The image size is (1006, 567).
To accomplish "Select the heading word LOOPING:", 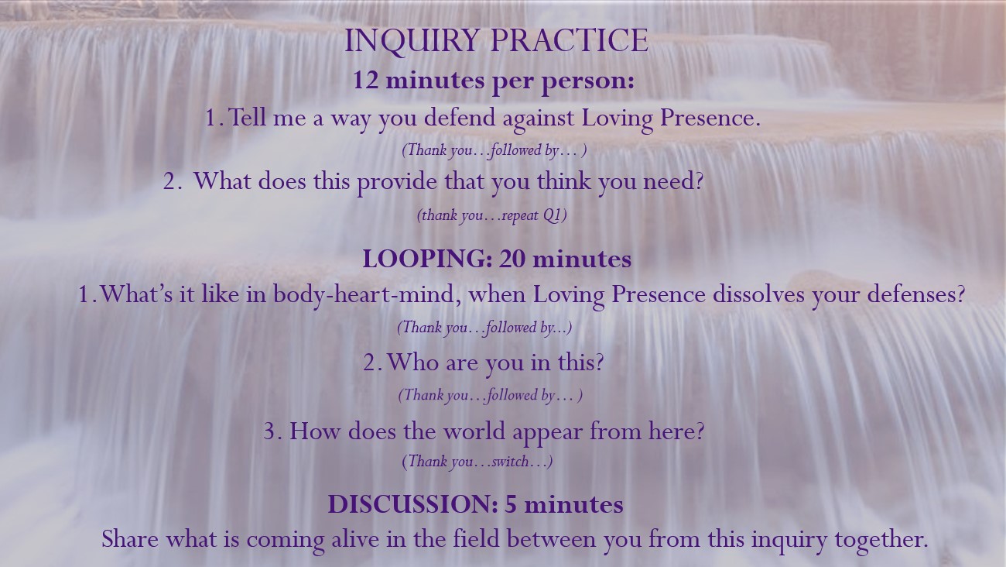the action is point(427,259).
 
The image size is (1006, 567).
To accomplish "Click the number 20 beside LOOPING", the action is point(512,259).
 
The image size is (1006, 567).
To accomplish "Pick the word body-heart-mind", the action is point(368,295).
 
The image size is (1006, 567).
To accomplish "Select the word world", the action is point(474,431).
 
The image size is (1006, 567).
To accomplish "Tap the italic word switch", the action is point(510,462).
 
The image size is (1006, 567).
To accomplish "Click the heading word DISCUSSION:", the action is point(412,504).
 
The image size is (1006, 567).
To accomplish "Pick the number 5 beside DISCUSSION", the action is point(511,504).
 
